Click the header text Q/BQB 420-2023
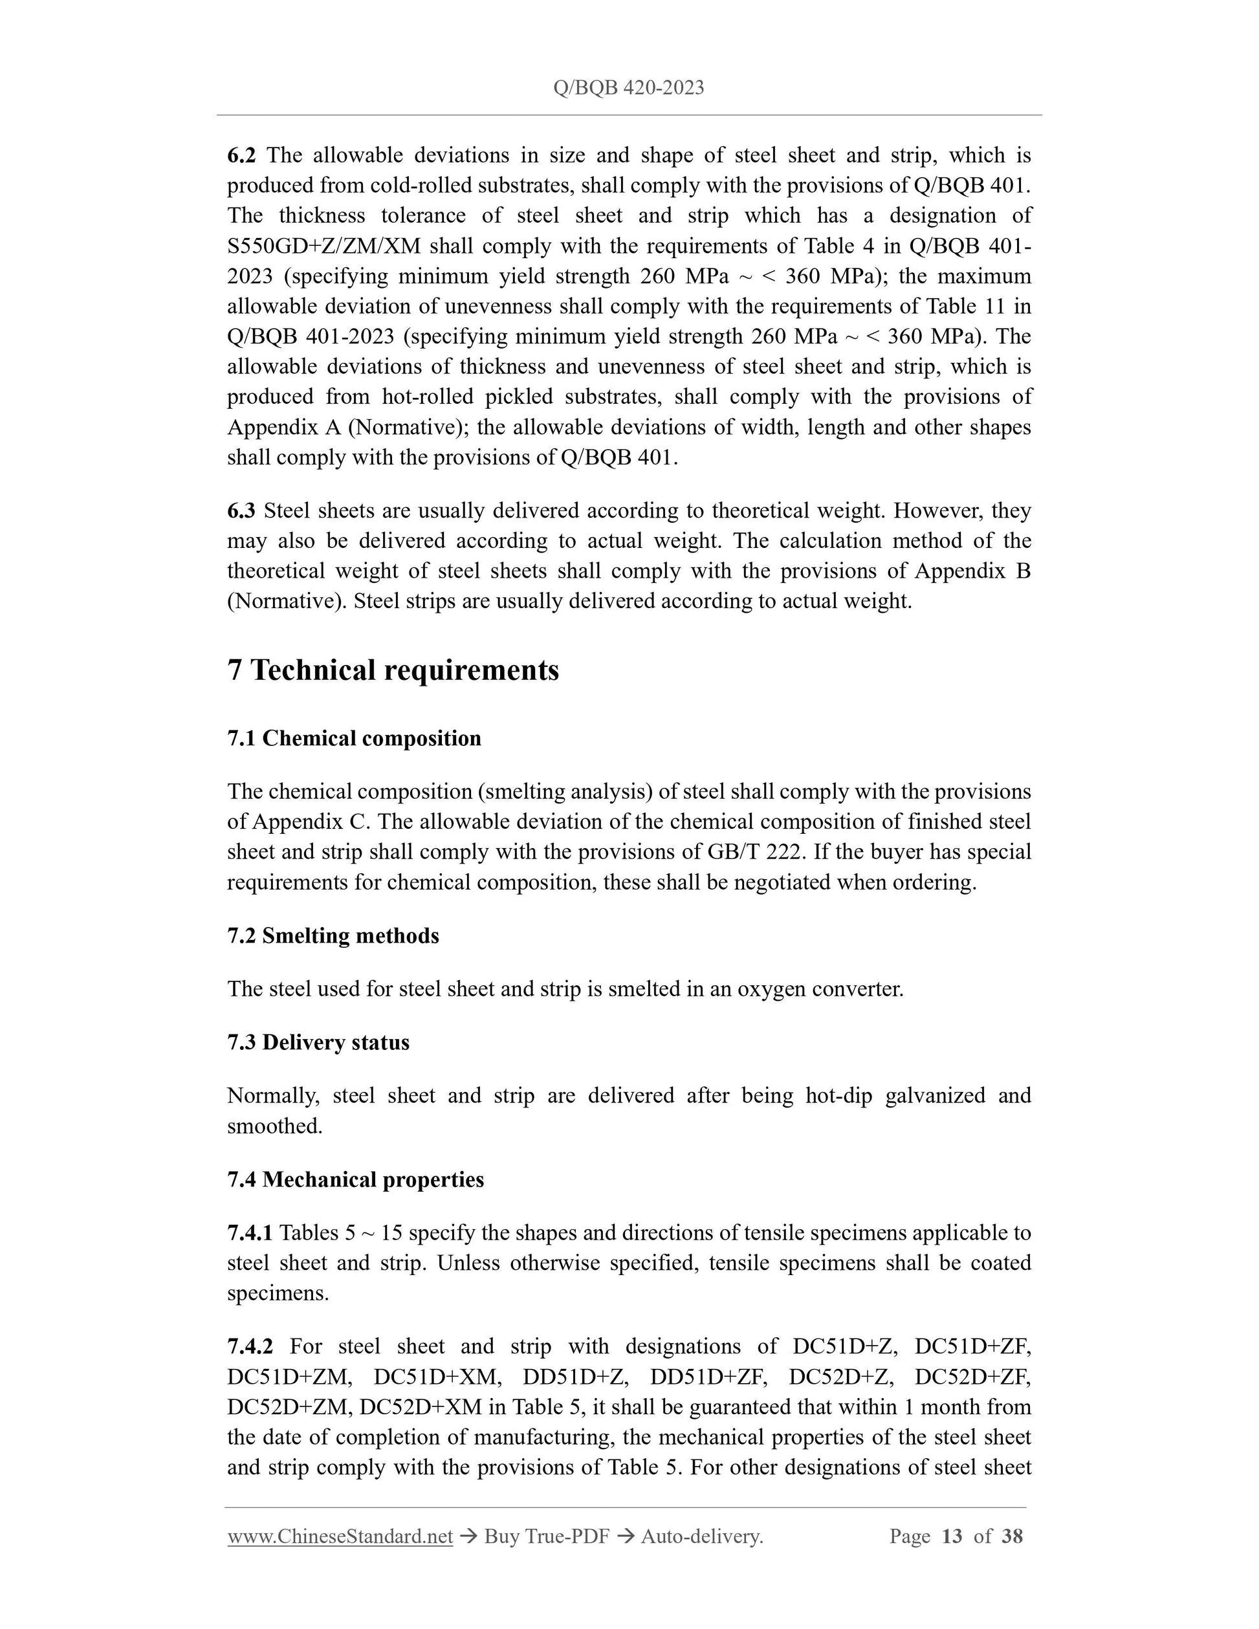[x=629, y=88]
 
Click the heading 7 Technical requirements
[x=393, y=670]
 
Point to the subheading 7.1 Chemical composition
[x=355, y=738]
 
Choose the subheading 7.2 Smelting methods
[x=333, y=935]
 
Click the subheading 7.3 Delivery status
[x=318, y=1042]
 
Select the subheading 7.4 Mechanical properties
[x=355, y=1179]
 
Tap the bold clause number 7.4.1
[x=250, y=1233]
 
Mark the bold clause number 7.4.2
[x=250, y=1346]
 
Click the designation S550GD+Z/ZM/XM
[x=323, y=246]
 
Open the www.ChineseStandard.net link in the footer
[x=340, y=1536]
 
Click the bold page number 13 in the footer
[x=952, y=1536]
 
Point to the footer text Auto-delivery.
[x=702, y=1536]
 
